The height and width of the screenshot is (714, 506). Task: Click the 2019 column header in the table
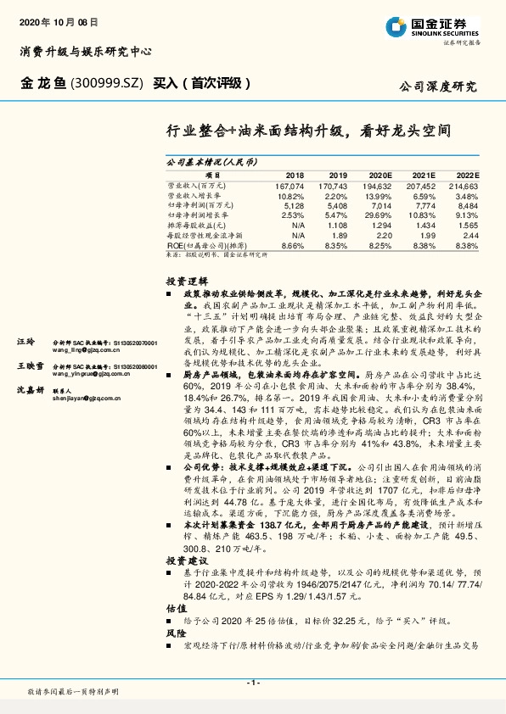338,174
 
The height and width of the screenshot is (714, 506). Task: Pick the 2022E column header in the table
467,174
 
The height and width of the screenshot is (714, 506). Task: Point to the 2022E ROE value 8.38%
467,245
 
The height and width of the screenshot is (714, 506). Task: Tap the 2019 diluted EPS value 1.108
337,226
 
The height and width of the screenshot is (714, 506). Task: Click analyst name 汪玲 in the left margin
26,341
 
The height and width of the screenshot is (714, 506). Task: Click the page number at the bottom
253,683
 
